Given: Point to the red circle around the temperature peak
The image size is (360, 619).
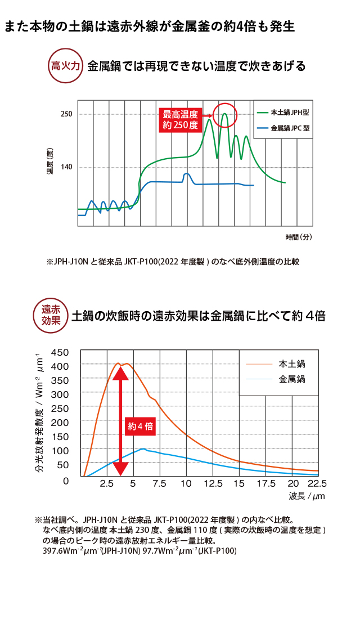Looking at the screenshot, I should pyautogui.click(x=226, y=115).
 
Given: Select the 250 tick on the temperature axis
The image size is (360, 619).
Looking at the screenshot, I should pyautogui.click(x=66, y=114).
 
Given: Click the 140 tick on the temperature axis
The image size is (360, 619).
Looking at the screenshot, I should pyautogui.click(x=66, y=167).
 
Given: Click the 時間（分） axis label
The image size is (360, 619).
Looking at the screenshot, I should pyautogui.click(x=298, y=237).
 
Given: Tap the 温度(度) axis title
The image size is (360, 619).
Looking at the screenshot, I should pyautogui.click(x=49, y=161).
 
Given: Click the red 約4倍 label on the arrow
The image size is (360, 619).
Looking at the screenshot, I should pyautogui.click(x=139, y=426).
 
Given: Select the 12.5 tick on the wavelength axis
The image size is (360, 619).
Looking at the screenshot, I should pyautogui.click(x=213, y=484).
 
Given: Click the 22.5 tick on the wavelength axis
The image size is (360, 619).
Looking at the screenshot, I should pyautogui.click(x=316, y=484).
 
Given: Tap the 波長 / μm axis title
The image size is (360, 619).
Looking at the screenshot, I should pyautogui.click(x=307, y=496).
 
